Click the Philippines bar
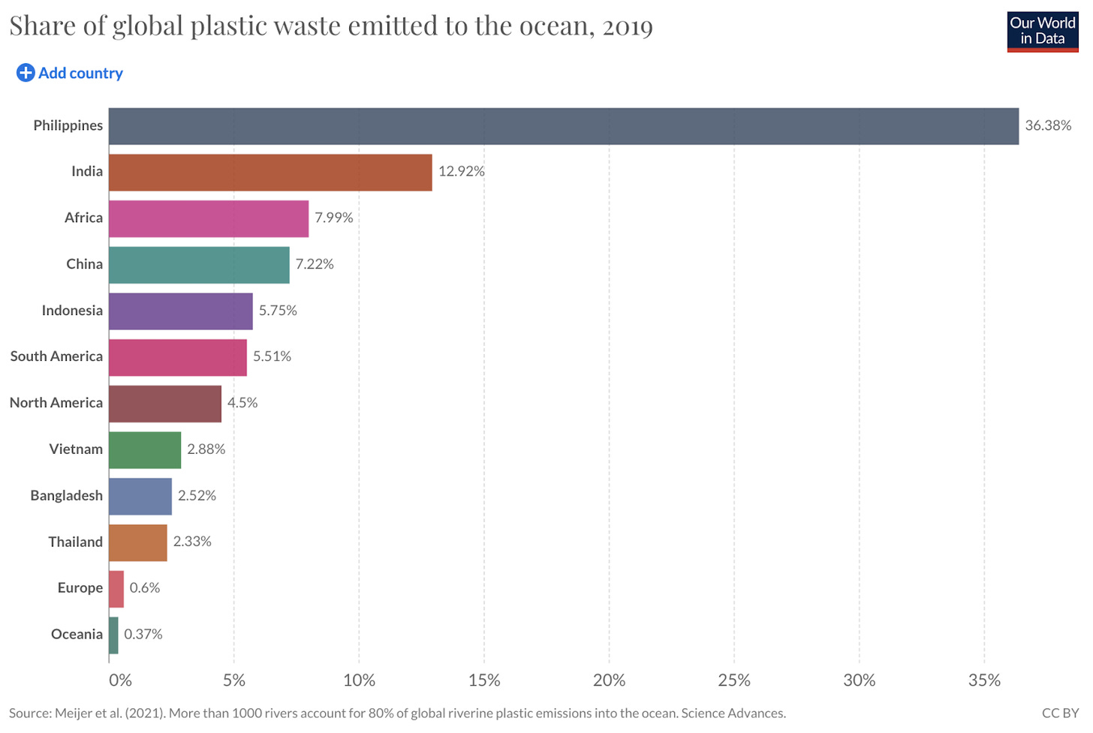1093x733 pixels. point(563,126)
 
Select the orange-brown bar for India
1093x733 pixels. point(270,173)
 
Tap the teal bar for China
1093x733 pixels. point(199,264)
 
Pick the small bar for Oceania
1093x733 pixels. point(113,635)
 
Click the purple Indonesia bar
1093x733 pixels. point(180,311)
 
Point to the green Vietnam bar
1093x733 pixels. point(145,449)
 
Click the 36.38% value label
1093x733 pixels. point(1048,126)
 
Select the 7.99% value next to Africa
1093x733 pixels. point(333,218)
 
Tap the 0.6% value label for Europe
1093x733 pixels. point(145,588)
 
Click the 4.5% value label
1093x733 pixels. point(242,403)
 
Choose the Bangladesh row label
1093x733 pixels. point(66,496)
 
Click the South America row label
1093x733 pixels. point(56,356)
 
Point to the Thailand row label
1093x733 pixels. point(75,542)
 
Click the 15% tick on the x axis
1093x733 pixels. point(484,680)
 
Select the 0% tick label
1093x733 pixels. point(120,680)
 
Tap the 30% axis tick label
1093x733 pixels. point(859,680)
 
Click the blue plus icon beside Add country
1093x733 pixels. point(26,73)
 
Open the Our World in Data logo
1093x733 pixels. point(1042,32)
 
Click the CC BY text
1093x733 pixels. point(1060,713)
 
